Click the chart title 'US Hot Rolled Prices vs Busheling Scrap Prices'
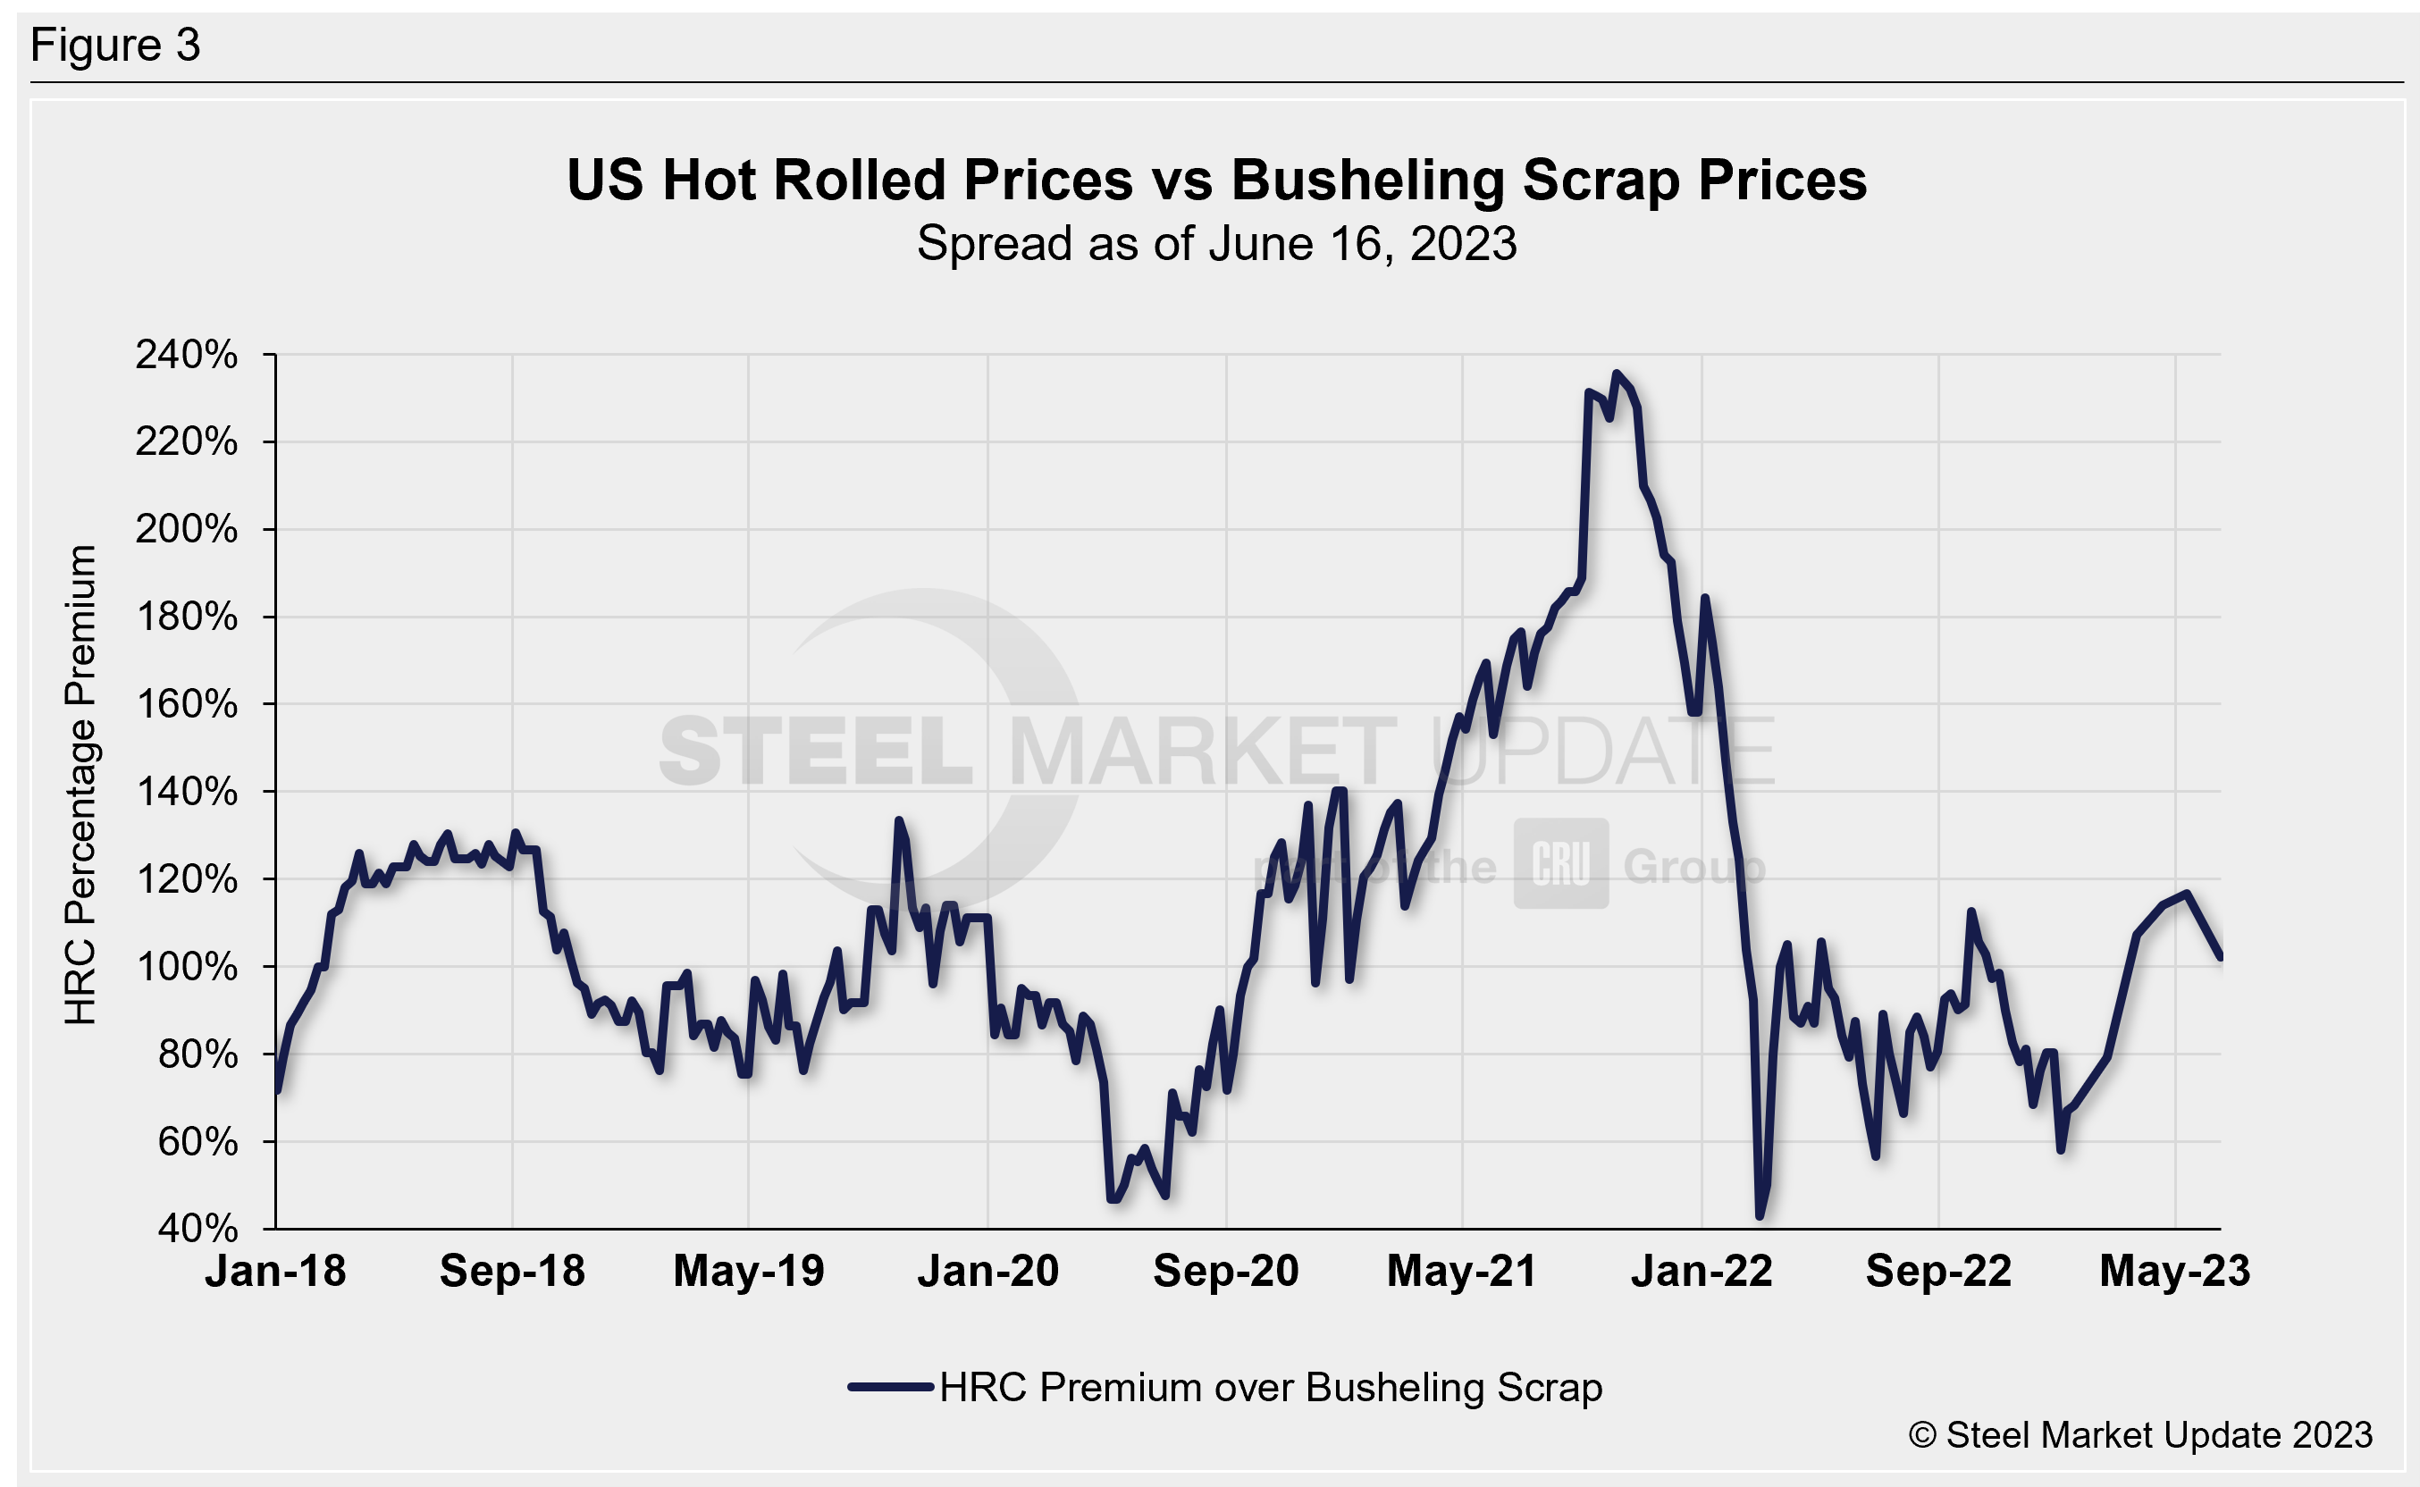[x=1216, y=181]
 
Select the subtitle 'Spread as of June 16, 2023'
[x=1216, y=244]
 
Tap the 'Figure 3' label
[x=115, y=46]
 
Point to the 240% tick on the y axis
[x=187, y=355]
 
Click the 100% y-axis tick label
[x=187, y=967]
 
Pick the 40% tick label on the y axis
[x=198, y=1229]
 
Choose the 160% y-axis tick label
[x=187, y=704]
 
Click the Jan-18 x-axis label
[x=275, y=1271]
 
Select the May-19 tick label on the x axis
[x=748, y=1271]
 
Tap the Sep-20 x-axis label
[x=1225, y=1271]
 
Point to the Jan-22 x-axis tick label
[x=1702, y=1271]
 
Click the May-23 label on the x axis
[x=2174, y=1271]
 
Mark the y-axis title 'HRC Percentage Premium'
[x=80, y=785]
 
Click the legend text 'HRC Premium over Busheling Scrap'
[x=1271, y=1388]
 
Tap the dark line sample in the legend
[x=891, y=1388]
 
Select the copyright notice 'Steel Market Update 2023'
[x=2140, y=1436]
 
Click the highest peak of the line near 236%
[x=1617, y=374]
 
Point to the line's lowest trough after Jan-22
[x=1760, y=1216]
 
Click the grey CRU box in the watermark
[x=1560, y=863]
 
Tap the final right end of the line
[x=2221, y=957]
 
